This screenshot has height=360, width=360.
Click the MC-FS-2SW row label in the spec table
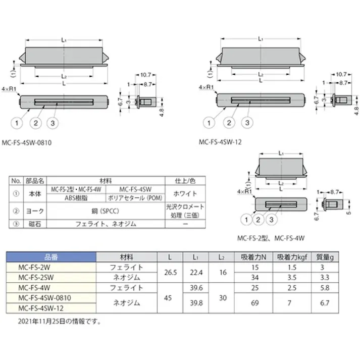35,278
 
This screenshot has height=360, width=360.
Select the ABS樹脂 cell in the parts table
77,198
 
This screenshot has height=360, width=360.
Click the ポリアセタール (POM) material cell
136,198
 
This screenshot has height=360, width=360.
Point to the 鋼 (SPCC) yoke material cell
107,210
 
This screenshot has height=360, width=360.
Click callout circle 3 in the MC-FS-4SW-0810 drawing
55,123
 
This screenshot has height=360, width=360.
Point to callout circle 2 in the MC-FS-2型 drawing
259,219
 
